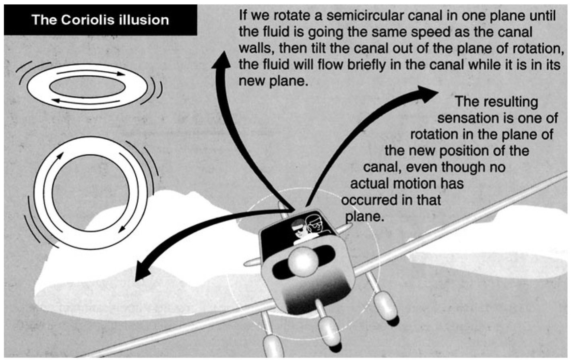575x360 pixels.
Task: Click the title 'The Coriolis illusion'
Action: pos(100,20)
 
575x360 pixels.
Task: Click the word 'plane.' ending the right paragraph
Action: pos(364,216)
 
